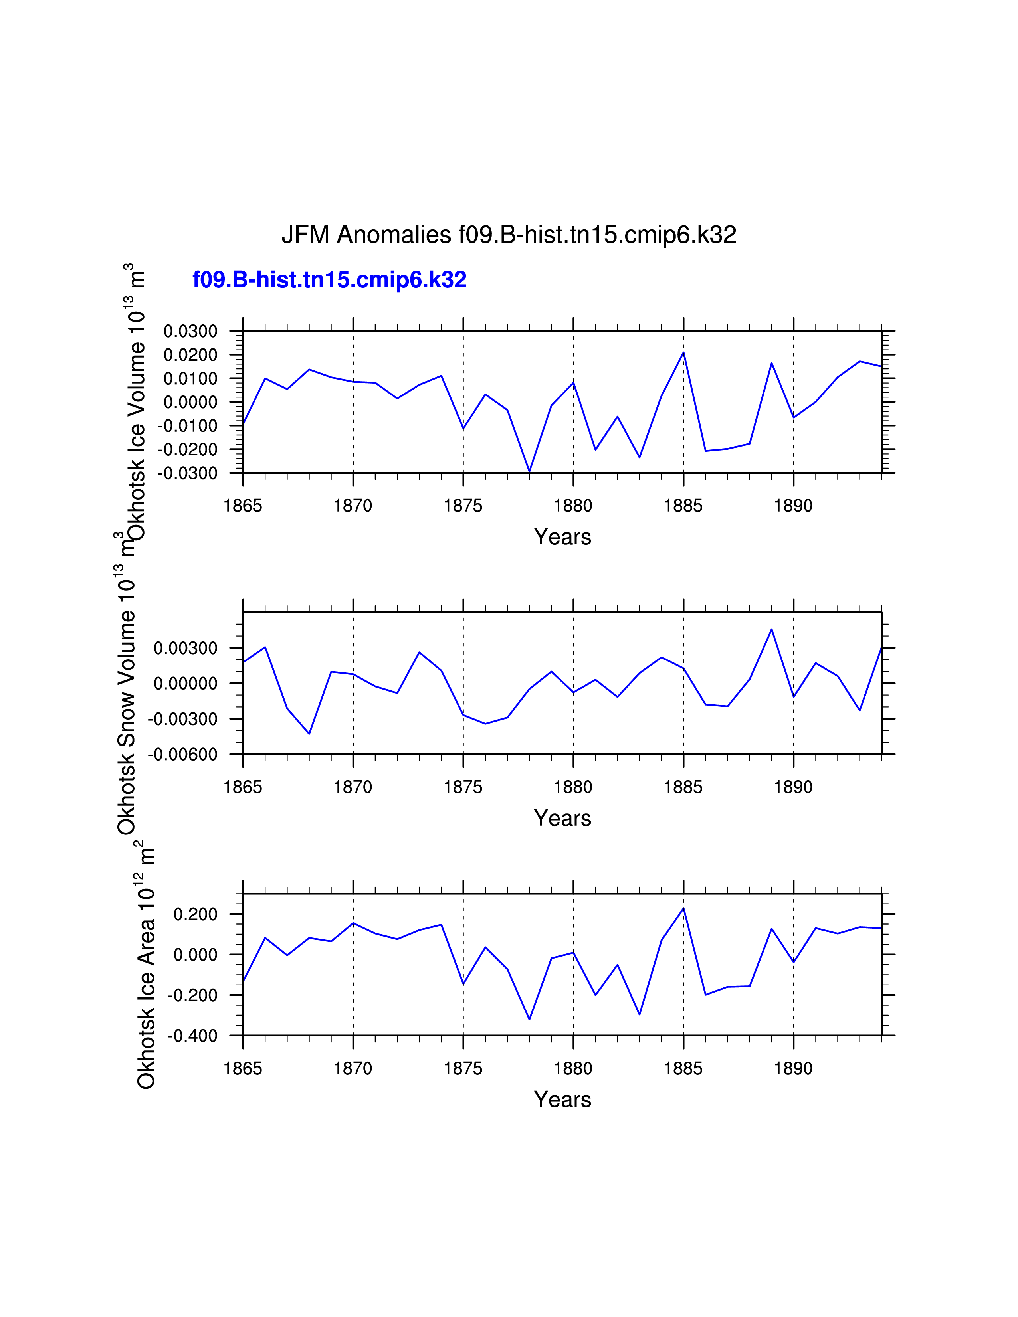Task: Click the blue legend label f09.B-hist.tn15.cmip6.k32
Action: (x=329, y=280)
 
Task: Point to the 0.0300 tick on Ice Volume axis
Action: (x=190, y=331)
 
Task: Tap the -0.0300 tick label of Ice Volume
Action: (x=188, y=473)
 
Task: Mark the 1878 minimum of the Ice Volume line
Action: (x=529, y=471)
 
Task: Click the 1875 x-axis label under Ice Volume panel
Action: (x=463, y=506)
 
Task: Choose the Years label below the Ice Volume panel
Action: (x=562, y=537)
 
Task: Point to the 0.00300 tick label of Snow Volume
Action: (x=185, y=648)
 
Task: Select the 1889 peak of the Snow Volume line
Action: (x=771, y=629)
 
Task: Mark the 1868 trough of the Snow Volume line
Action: (x=309, y=733)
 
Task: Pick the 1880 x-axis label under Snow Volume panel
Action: (x=573, y=787)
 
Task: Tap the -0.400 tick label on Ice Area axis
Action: (x=192, y=1036)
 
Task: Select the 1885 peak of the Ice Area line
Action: (x=683, y=908)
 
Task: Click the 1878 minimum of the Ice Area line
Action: (x=529, y=1019)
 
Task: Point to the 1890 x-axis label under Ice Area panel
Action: (x=793, y=1068)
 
